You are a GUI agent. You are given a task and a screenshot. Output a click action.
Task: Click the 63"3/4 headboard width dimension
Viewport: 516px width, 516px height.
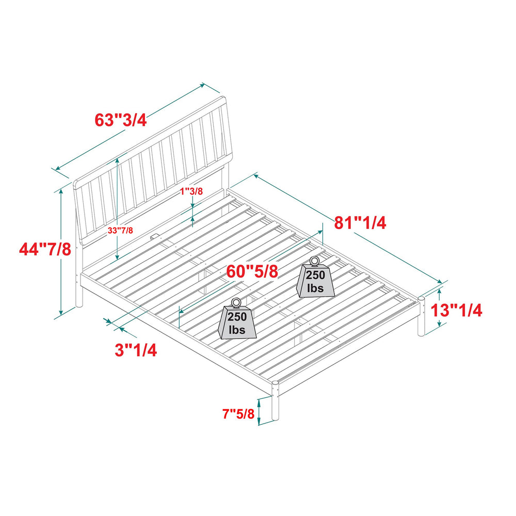(120, 120)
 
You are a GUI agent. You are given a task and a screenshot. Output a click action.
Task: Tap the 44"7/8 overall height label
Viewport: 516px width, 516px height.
(45, 249)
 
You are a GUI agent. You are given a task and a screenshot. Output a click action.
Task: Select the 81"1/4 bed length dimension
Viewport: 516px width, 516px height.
(360, 223)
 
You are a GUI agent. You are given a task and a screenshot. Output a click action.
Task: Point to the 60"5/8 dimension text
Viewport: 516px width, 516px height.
(252, 271)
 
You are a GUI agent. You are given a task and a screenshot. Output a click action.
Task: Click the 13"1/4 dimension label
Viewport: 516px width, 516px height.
(457, 310)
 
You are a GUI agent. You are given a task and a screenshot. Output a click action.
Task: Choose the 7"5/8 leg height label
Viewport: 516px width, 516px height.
(238, 414)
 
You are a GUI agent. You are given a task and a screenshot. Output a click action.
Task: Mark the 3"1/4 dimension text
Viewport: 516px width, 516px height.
(136, 350)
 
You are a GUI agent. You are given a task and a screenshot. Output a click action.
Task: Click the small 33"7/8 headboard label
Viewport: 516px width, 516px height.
(120, 230)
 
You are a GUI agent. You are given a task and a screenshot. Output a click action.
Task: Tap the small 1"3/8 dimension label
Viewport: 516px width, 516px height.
(191, 191)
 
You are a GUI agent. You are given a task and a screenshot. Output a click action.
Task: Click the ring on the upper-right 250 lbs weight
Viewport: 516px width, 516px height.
(314, 261)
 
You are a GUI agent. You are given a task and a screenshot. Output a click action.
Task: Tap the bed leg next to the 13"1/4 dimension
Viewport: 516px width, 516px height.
(422, 316)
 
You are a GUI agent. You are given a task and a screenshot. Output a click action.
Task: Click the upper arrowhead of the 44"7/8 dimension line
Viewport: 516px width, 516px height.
(61, 192)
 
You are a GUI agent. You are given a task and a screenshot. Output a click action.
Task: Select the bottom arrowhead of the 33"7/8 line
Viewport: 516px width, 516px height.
(117, 257)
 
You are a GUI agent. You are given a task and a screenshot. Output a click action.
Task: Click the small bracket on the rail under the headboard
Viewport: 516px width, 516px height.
(154, 236)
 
